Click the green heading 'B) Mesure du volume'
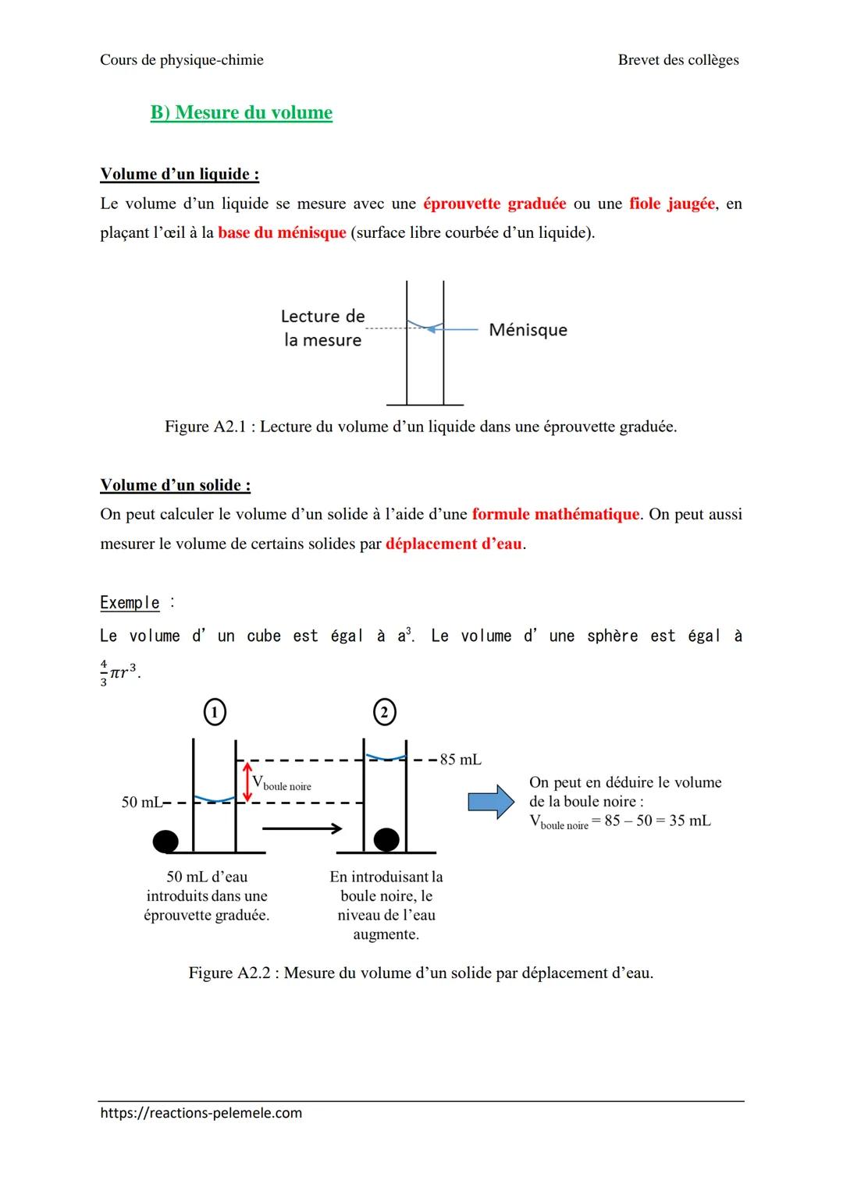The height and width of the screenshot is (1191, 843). (241, 112)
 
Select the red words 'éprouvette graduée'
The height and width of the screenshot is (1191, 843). (494, 204)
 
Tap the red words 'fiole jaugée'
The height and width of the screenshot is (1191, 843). (671, 204)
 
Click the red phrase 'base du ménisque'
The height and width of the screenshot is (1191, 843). (282, 232)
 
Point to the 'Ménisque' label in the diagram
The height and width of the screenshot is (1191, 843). (528, 330)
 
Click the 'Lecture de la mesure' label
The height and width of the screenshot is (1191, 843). (322, 328)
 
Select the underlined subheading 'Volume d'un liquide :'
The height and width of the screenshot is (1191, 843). (180, 174)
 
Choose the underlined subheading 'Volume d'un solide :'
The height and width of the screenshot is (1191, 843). (176, 485)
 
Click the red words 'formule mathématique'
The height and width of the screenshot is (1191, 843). (556, 514)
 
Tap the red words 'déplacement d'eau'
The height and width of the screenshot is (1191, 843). (454, 544)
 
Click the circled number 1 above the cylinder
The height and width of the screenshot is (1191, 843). (215, 712)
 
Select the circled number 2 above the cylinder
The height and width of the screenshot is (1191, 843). (384, 712)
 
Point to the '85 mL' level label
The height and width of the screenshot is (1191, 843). (461, 760)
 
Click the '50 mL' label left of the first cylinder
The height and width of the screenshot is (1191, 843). (141, 802)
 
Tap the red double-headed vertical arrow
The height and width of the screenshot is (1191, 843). (247, 781)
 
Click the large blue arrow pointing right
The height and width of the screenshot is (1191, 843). (491, 802)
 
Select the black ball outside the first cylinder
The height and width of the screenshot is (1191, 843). (165, 841)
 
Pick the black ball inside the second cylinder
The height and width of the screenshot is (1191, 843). (386, 839)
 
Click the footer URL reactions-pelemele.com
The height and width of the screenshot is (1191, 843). (201, 1113)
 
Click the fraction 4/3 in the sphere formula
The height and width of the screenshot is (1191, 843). (104, 672)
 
